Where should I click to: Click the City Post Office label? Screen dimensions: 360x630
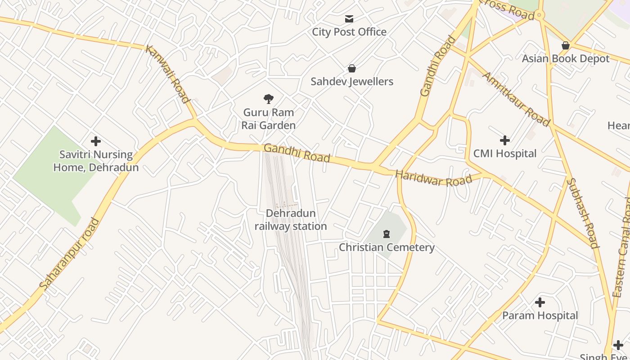349,32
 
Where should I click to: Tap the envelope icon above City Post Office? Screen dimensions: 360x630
349,19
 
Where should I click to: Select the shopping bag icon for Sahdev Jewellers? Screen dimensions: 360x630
352,68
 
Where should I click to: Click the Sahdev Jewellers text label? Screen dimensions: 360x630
352,81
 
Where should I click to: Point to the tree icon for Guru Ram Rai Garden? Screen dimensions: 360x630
269,99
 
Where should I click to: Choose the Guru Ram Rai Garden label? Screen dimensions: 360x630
269,119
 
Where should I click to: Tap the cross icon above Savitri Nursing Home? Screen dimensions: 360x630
96,141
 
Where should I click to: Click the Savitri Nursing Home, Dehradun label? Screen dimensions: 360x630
96,161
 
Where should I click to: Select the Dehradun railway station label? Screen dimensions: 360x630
291,220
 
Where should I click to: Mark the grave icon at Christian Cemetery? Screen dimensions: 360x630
386,234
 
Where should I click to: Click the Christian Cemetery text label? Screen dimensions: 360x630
387,247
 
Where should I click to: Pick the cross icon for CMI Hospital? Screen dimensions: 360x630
505,140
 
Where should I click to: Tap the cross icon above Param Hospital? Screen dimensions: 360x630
540,302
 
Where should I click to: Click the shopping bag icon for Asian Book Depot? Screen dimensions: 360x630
566,45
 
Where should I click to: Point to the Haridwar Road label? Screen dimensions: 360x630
433,178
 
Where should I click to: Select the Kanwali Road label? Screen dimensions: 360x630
167,74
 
